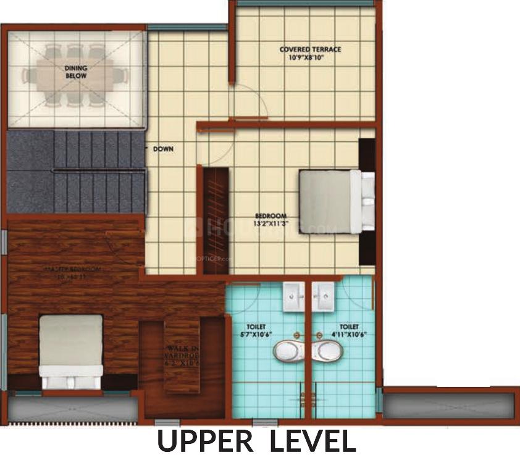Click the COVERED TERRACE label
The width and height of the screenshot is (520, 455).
pyautogui.click(x=310, y=49)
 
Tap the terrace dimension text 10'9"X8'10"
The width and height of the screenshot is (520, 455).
pyautogui.click(x=310, y=58)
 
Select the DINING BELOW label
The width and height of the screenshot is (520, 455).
pyautogui.click(x=76, y=72)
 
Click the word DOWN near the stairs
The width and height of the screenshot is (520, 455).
pyautogui.click(x=164, y=149)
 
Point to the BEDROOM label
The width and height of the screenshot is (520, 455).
pyautogui.click(x=270, y=215)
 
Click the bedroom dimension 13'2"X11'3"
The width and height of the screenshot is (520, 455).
pyautogui.click(x=270, y=224)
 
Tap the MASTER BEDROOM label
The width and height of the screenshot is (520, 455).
pyautogui.click(x=72, y=270)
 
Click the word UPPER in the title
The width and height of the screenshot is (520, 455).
pyautogui.click(x=204, y=441)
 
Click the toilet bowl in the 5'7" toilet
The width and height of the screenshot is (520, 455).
pyautogui.click(x=288, y=351)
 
